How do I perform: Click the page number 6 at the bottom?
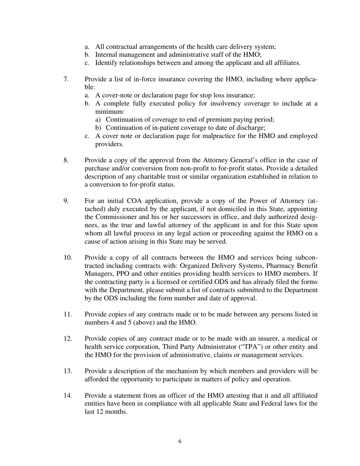tap(180, 441)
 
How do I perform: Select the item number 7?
tap(66, 79)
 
